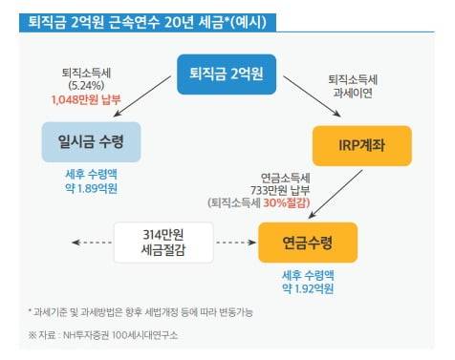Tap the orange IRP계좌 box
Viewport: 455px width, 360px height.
[x=360, y=145]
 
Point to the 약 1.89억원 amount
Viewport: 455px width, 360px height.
[x=92, y=189]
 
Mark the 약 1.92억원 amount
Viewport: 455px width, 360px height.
[x=309, y=287]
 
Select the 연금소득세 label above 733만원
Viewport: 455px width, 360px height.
[x=289, y=177]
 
